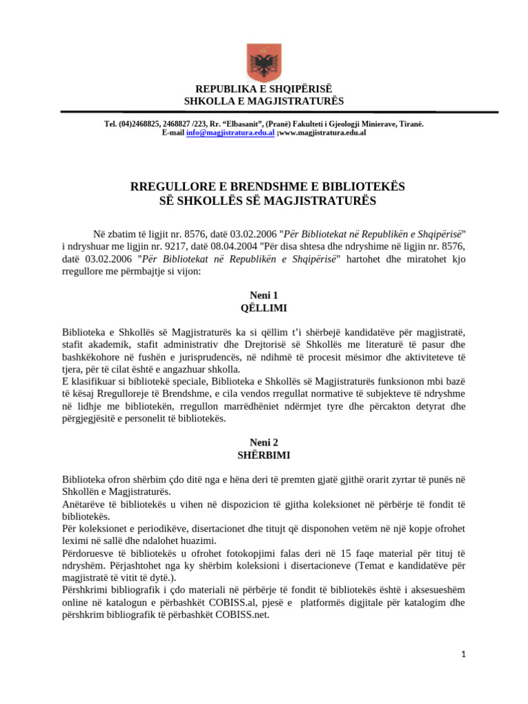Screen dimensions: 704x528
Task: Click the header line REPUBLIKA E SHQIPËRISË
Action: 263,89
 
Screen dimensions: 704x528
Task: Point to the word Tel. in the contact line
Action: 110,124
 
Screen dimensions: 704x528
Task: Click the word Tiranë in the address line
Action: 410,124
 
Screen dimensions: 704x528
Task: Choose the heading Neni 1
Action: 263,295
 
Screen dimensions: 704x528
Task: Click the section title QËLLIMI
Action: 263,308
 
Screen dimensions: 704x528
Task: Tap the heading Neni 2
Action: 263,443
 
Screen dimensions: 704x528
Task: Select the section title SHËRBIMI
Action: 263,456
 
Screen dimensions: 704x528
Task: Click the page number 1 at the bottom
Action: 463,654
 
